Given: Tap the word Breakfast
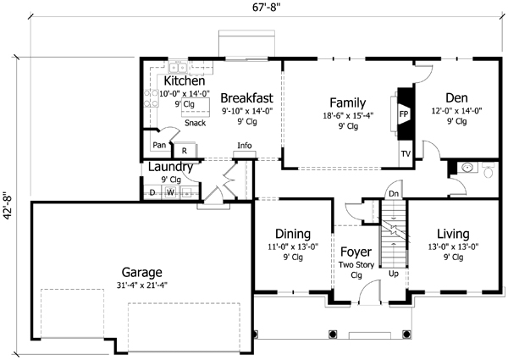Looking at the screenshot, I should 246,97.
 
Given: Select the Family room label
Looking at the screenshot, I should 346,100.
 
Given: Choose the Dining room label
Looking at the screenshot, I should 285,234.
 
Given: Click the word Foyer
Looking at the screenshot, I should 356,252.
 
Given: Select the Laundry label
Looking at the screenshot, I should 171,167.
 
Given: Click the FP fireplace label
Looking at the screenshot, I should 404,112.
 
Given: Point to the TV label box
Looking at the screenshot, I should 405,155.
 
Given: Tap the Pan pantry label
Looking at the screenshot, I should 158,145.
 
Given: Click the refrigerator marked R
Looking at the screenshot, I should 184,151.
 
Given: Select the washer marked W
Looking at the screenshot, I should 169,192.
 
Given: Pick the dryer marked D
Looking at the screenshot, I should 152,192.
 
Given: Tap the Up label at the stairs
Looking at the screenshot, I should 393,274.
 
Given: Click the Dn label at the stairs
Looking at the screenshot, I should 394,194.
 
